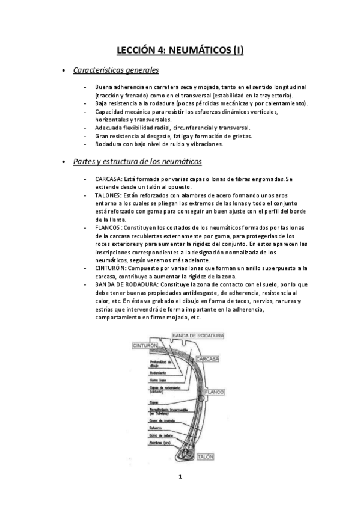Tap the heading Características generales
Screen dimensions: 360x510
click(115, 71)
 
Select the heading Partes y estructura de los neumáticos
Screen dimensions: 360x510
click(137, 162)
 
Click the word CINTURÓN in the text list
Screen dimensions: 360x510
click(110, 268)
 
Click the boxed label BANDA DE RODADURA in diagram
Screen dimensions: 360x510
click(198, 335)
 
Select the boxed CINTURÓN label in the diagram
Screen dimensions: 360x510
click(146, 346)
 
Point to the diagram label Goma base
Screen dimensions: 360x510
click(157, 381)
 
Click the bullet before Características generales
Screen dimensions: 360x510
click(64, 72)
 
